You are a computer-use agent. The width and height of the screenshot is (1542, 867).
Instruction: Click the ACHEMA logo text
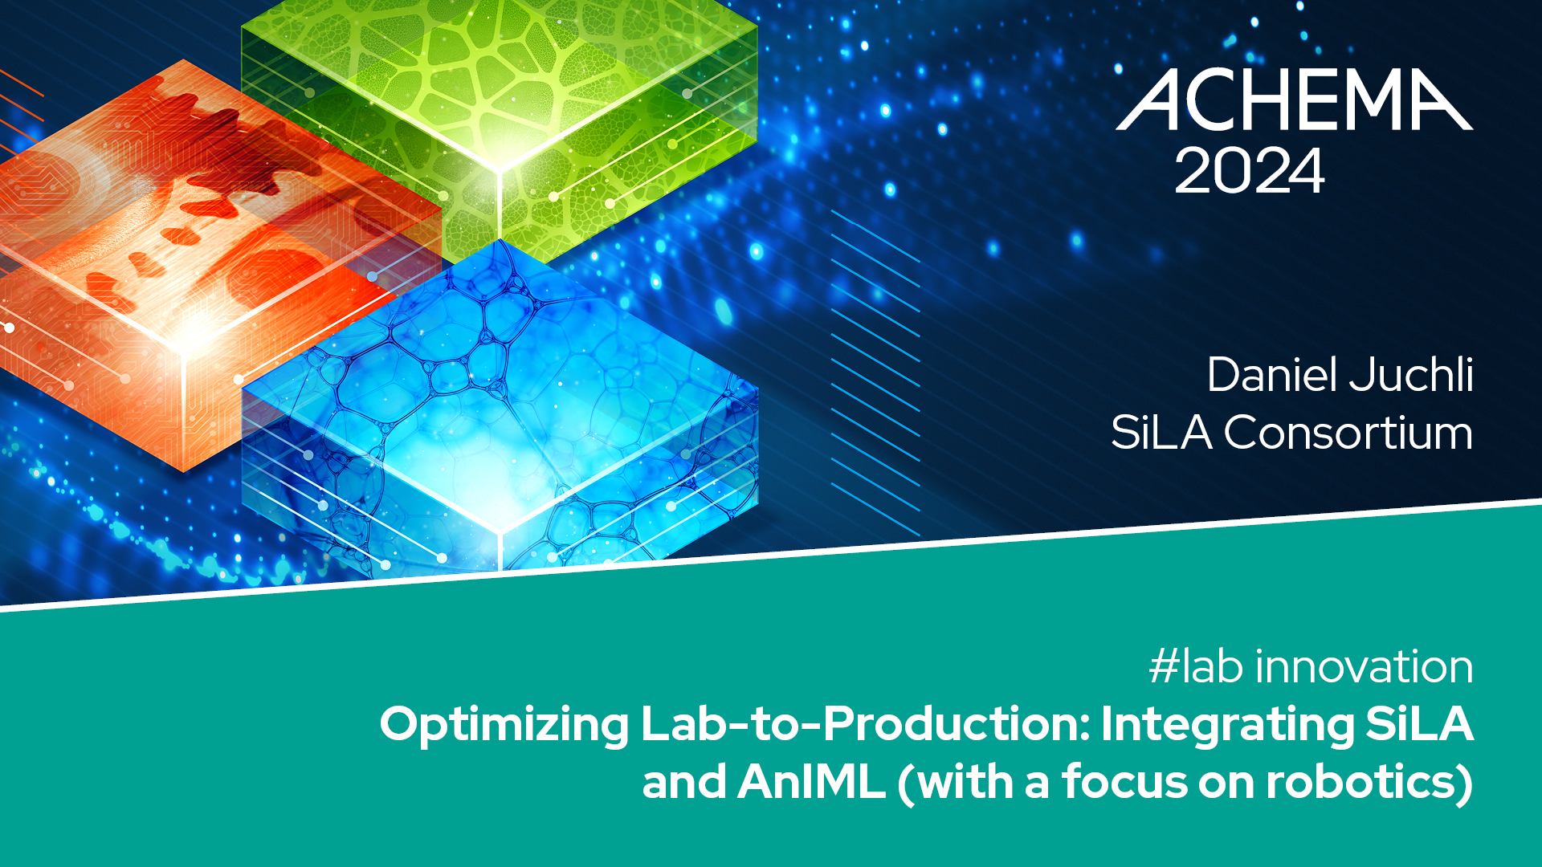coord(1295,100)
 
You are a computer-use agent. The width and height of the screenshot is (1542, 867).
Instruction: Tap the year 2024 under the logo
coord(1249,171)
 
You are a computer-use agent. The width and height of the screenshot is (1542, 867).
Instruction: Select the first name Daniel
coord(1270,375)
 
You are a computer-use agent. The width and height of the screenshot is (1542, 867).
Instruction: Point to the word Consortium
coord(1348,433)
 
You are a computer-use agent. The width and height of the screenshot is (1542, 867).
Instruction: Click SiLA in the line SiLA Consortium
coord(1161,433)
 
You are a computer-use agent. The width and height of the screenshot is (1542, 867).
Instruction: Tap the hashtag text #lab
coord(1196,666)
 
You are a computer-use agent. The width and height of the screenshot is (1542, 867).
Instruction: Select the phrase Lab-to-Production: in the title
coord(865,724)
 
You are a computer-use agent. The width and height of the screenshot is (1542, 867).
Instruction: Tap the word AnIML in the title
coord(811,782)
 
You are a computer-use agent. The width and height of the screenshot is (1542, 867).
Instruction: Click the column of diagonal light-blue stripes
coord(875,372)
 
